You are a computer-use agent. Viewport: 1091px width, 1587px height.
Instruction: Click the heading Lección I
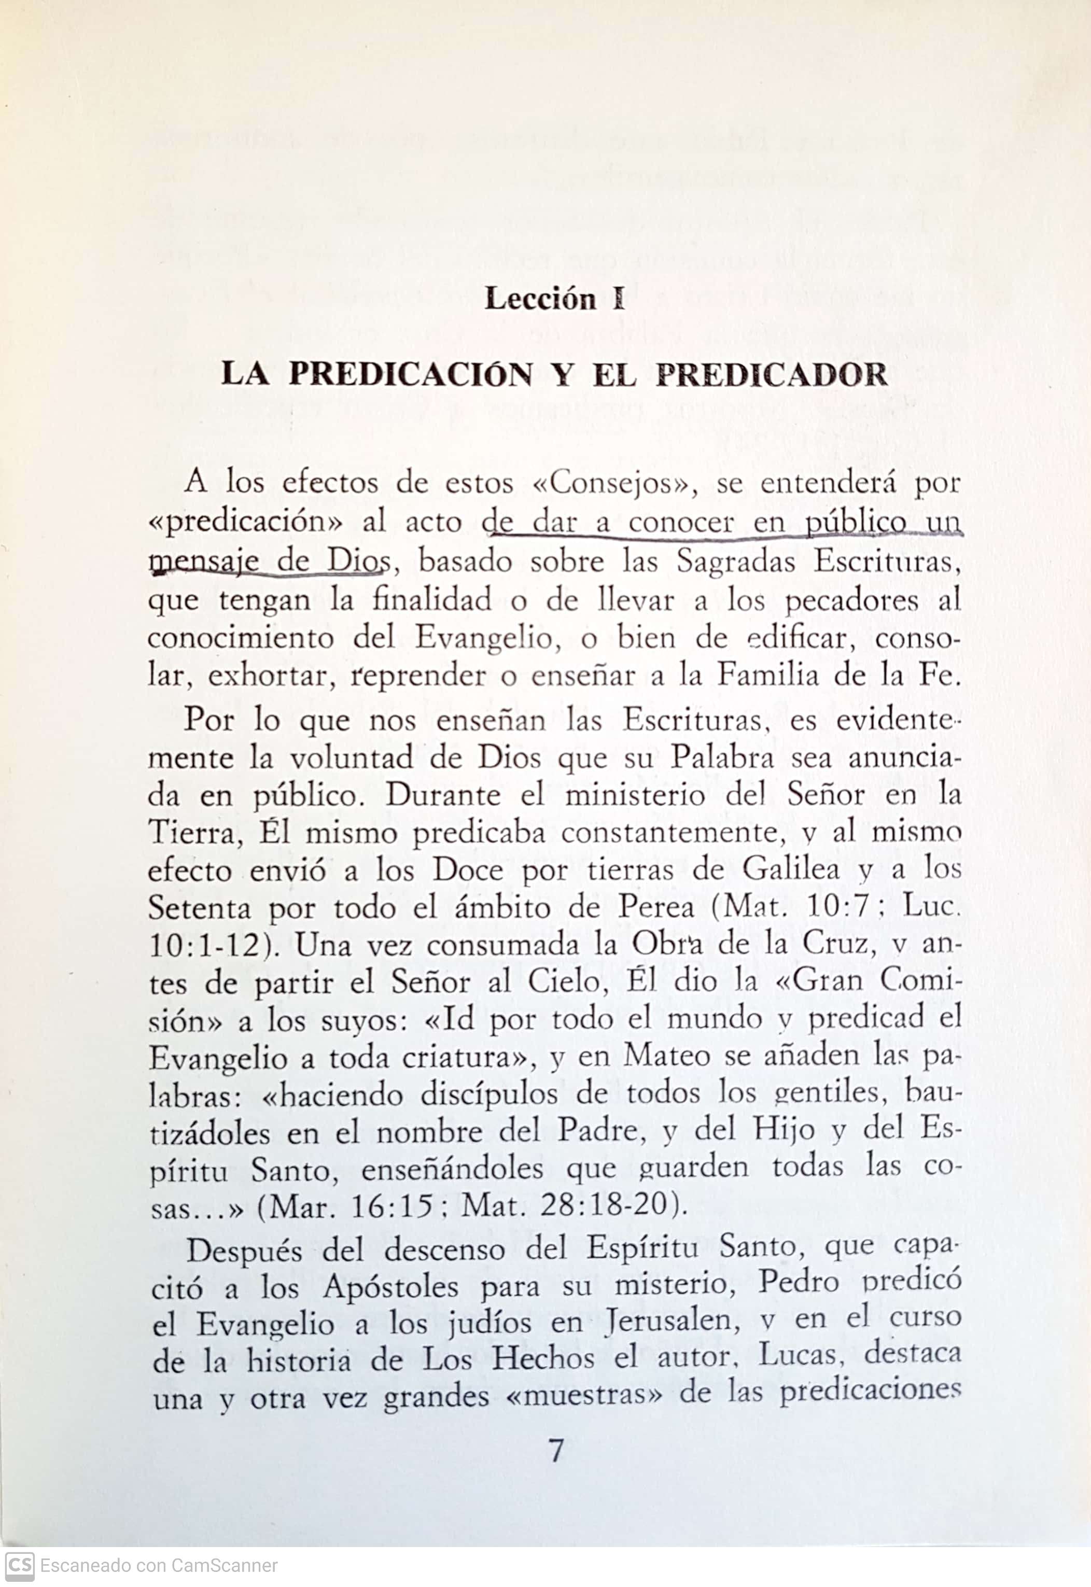554,299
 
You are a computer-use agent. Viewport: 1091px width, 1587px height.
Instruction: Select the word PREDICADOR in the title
771,374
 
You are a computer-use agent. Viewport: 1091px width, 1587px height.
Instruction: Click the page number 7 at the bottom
556,1450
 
